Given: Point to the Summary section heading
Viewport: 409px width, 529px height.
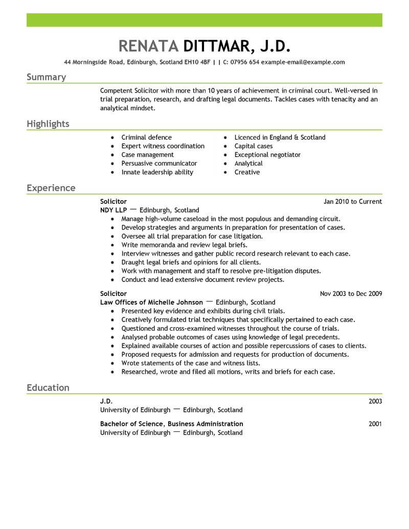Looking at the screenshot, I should pyautogui.click(x=46, y=77).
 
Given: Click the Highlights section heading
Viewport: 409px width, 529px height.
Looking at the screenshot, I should pyautogui.click(x=48, y=124).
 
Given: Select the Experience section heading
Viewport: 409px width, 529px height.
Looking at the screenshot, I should pyautogui.click(x=51, y=188).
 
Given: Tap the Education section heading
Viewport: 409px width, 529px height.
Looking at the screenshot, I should pyautogui.click(x=48, y=387).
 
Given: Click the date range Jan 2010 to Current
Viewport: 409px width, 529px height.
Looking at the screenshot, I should pyautogui.click(x=353, y=201).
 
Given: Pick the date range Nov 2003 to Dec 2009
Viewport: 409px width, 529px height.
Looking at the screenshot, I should pyautogui.click(x=351, y=294).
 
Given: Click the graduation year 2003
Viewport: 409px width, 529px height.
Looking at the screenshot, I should pyautogui.click(x=375, y=401).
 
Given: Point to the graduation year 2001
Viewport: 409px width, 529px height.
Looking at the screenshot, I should pyautogui.click(x=375, y=424).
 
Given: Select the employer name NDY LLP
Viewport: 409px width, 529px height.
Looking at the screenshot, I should pyautogui.click(x=113, y=210).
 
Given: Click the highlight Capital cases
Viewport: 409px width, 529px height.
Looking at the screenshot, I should pyautogui.click(x=254, y=146).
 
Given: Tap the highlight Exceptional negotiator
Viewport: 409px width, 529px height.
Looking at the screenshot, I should pyautogui.click(x=267, y=155).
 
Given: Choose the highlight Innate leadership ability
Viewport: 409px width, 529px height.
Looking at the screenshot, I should pyautogui.click(x=157, y=172).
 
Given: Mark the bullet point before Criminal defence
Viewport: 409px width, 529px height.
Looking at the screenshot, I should pyautogui.click(x=112, y=138).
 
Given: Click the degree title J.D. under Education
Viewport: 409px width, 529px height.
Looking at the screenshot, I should pyautogui.click(x=106, y=401).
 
